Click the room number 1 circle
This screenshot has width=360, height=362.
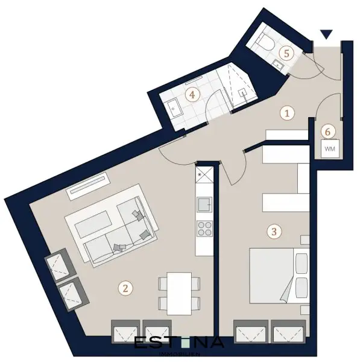click(x=288, y=112)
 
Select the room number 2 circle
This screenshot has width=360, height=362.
click(x=125, y=288)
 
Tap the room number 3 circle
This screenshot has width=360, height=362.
click(x=274, y=230)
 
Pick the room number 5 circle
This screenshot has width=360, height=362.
click(x=288, y=52)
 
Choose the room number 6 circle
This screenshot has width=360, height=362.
click(x=328, y=130)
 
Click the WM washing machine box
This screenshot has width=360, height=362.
click(x=329, y=148)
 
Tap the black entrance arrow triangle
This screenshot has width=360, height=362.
click(x=326, y=35)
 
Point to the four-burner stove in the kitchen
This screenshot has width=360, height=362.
click(x=204, y=229)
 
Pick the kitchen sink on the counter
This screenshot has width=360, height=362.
click(x=204, y=204)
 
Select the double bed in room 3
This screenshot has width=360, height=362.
click(x=277, y=276)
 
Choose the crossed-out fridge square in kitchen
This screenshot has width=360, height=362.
click(x=203, y=176)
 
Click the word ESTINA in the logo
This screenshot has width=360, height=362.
click(x=178, y=343)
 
